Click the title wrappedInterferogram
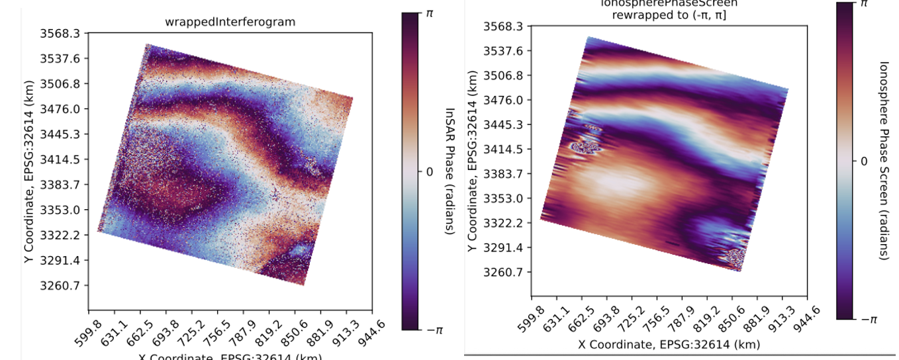230,22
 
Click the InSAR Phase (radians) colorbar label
449,171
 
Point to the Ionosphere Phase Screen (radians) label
884,160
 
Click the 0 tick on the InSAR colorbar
429,171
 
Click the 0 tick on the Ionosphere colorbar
863,161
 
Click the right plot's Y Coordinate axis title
472,160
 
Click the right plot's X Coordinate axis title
669,344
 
